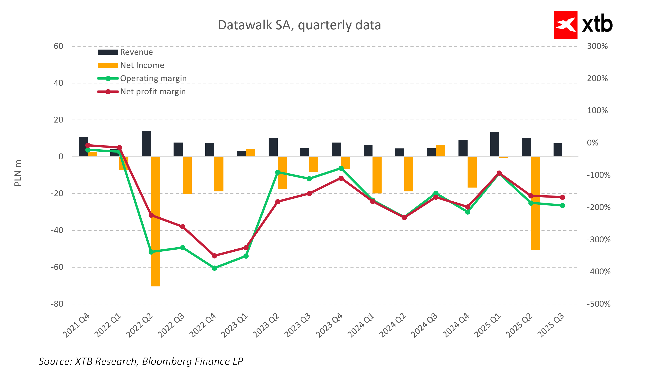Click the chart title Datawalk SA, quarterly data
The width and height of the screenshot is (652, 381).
pyautogui.click(x=299, y=25)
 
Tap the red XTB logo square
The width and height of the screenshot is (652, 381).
pyautogui.click(x=565, y=25)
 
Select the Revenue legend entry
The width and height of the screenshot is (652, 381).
pyautogui.click(x=136, y=52)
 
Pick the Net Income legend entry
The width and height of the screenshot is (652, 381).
pyautogui.click(x=142, y=65)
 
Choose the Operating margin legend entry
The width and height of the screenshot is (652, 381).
pyautogui.click(x=153, y=78)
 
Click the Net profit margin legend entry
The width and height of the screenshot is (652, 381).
pyautogui.click(x=153, y=92)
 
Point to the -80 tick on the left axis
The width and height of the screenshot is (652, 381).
pyautogui.click(x=57, y=304)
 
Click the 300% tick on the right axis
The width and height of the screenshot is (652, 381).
pyautogui.click(x=597, y=46)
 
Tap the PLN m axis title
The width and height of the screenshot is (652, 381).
pyautogui.click(x=18, y=173)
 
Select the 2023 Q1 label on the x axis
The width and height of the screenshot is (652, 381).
pyautogui.click(x=234, y=325)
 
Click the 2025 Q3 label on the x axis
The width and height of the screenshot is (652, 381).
pyautogui.click(x=551, y=325)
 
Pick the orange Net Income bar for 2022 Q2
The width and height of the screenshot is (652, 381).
pyautogui.click(x=155, y=222)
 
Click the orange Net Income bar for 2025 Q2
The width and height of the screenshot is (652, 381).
pyautogui.click(x=535, y=203)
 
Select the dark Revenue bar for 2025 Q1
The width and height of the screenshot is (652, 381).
pyautogui.click(x=494, y=144)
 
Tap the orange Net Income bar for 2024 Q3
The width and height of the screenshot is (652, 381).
pyautogui.click(x=440, y=150)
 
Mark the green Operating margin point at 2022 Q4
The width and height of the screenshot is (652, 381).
pyautogui.click(x=214, y=268)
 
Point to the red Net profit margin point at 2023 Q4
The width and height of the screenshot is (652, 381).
pyautogui.click(x=341, y=178)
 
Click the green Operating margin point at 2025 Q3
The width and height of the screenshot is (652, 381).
pyautogui.click(x=562, y=206)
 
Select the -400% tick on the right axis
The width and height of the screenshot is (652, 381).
pyautogui.click(x=598, y=272)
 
